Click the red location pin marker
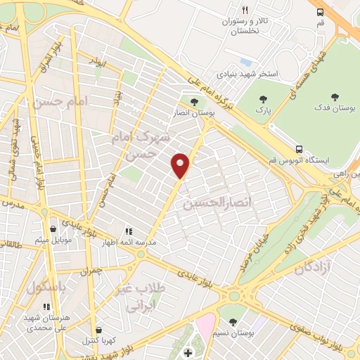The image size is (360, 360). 181,164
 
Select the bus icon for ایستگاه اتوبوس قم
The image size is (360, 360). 300,149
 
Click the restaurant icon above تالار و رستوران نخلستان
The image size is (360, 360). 245,11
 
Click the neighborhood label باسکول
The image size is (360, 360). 47,288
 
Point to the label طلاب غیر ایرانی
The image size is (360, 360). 145,298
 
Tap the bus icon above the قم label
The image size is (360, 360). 321,12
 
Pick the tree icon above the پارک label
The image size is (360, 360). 264,100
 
